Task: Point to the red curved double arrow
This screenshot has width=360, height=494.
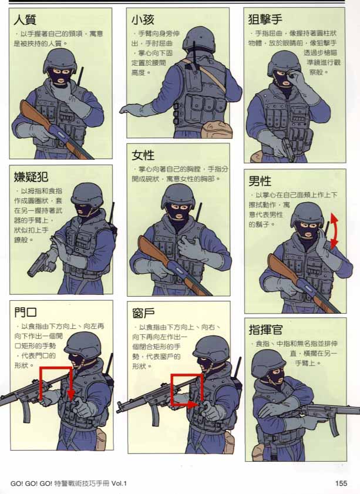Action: click(334, 232)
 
